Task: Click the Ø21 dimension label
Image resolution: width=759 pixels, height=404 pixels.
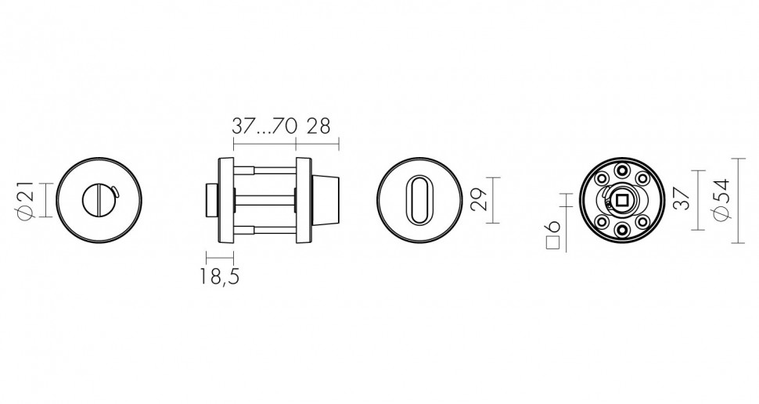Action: coord(23,201)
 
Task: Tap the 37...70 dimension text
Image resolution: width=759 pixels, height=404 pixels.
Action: coord(264,126)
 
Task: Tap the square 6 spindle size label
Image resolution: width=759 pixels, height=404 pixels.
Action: coord(553,233)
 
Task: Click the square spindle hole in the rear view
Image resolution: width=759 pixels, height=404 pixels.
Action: coord(622,201)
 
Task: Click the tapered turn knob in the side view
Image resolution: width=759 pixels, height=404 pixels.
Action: coord(326,201)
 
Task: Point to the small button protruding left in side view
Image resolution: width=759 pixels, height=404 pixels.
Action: coord(210,201)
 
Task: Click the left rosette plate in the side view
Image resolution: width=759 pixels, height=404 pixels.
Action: coord(226,201)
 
